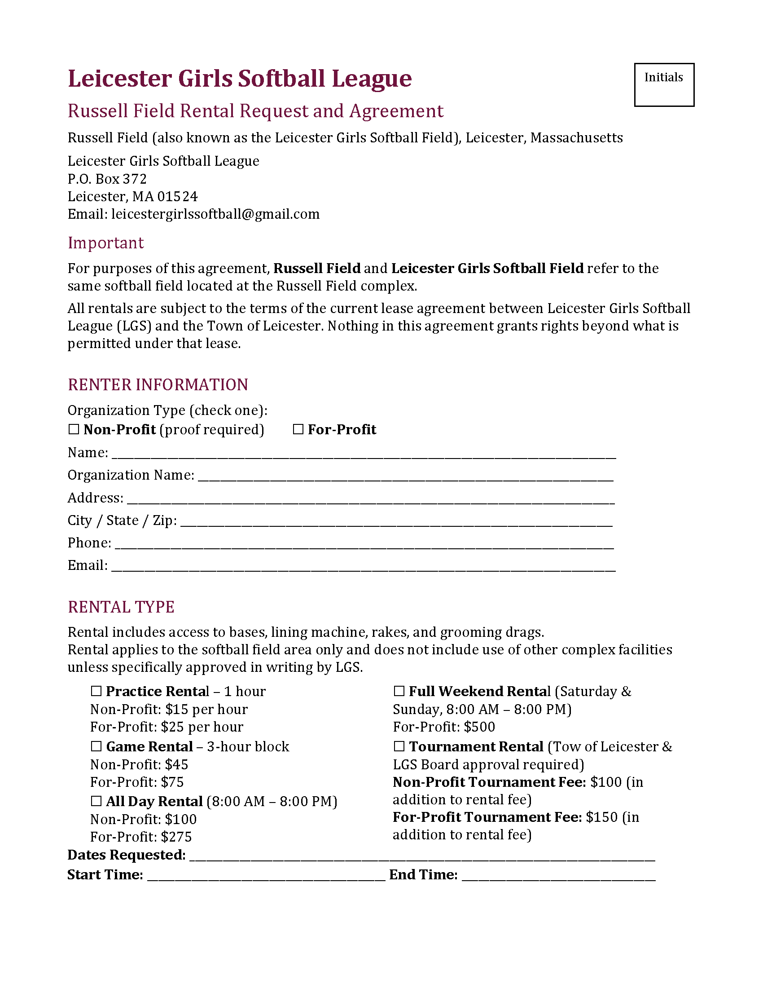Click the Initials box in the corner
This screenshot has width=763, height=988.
(663, 85)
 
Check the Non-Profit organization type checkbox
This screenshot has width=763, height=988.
(74, 429)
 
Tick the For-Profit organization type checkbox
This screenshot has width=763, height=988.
(298, 429)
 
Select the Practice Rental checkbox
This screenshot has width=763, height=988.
(96, 691)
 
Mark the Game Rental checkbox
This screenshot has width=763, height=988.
(96, 746)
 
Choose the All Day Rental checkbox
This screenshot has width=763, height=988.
(96, 801)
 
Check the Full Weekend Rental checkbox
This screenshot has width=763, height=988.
(399, 691)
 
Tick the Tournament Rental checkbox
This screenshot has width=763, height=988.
(399, 746)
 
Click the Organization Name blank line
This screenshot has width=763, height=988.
(405, 476)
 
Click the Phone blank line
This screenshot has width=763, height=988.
(364, 544)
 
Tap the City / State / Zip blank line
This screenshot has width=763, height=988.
(396, 521)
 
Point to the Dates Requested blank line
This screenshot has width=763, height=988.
(422, 856)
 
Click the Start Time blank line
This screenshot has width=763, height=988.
(266, 875)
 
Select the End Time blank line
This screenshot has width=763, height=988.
(559, 875)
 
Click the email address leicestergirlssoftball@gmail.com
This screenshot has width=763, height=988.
(215, 214)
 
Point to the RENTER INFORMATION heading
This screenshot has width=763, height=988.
(158, 384)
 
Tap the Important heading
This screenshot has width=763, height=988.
(106, 243)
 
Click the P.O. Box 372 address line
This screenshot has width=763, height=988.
(107, 179)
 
